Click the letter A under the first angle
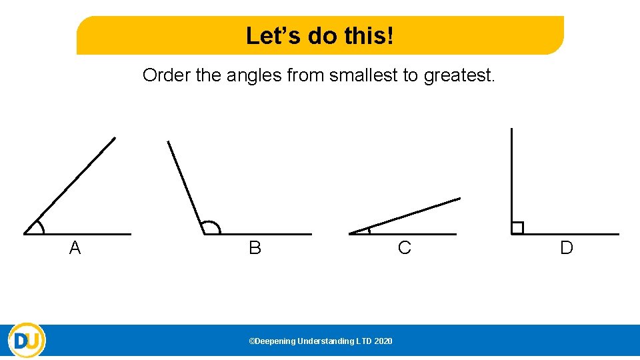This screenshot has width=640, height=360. coord(75,249)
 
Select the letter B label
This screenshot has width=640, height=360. coord(255,249)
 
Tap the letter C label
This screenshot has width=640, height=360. coord(404,249)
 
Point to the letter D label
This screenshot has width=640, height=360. coord(567,249)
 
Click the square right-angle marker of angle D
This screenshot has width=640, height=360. coord(517,228)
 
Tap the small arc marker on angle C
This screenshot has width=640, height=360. coord(368,230)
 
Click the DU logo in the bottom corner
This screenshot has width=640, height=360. coord(27,341)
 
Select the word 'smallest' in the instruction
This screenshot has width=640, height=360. coord(358,75)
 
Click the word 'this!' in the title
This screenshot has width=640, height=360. coord(368,35)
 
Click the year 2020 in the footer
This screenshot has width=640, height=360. coord(383,341)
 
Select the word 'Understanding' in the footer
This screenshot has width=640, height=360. coord(325,341)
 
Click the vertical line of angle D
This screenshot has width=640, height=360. coord(511,173)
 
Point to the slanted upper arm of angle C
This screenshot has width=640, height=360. coord(407,215)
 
